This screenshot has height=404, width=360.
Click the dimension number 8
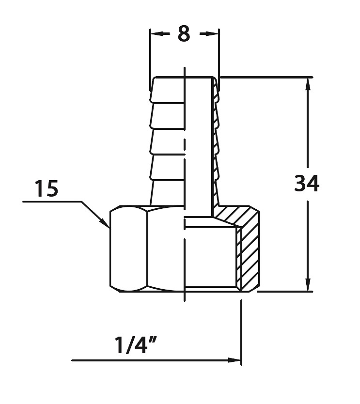184,33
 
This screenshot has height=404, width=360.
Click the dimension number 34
307,183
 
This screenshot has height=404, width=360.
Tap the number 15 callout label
47,188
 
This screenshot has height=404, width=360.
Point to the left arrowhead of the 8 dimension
157,33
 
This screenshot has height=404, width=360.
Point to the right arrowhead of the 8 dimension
212,33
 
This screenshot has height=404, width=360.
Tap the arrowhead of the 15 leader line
106,223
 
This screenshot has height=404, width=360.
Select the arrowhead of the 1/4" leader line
234,360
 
